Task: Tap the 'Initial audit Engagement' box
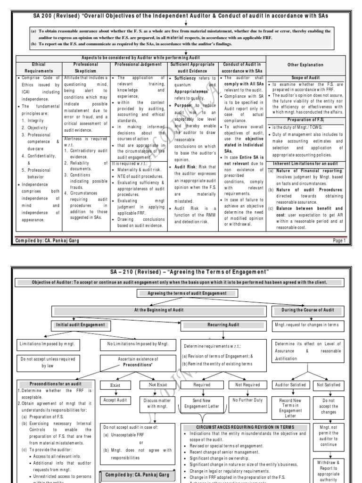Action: [81, 325]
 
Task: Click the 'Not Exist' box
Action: [157, 384]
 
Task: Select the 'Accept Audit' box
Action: [115, 400]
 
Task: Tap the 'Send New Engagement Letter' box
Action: [203, 403]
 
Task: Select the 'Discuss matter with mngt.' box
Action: [157, 403]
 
